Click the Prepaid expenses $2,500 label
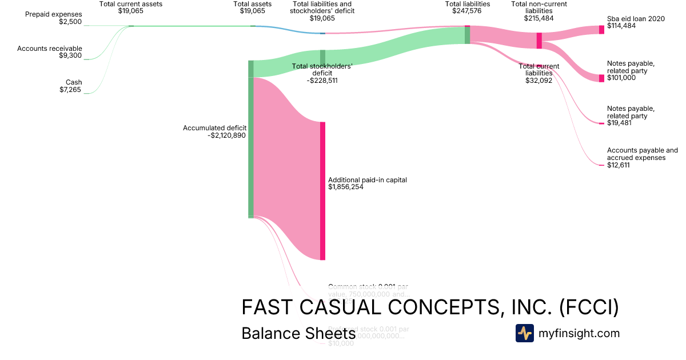pos(53,18)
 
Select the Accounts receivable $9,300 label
pos(50,52)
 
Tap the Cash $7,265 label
pos(70,86)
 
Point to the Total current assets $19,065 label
pos(130,7)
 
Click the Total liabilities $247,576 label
pos(467,7)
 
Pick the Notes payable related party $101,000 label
pos(631,70)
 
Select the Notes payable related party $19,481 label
pos(631,116)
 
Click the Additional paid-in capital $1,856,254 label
pos(367,183)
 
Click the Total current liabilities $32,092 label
pos(539,73)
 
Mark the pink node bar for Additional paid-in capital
pos(322,191)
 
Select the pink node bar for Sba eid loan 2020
pos(601,30)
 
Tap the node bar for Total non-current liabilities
pos(539,41)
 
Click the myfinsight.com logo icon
pos(524,333)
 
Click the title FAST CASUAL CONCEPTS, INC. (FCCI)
pos(430,307)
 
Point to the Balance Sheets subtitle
pos(298,333)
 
